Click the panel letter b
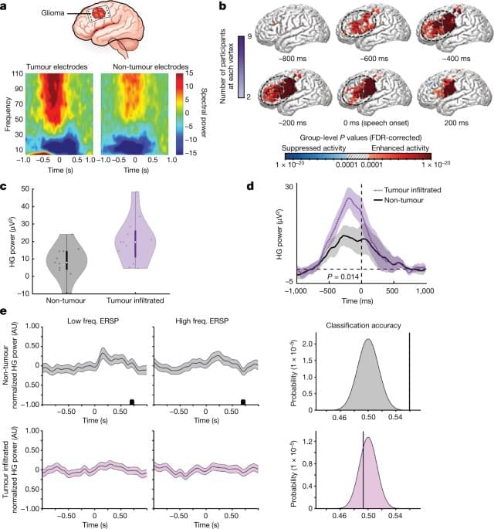click(x=224, y=7)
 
